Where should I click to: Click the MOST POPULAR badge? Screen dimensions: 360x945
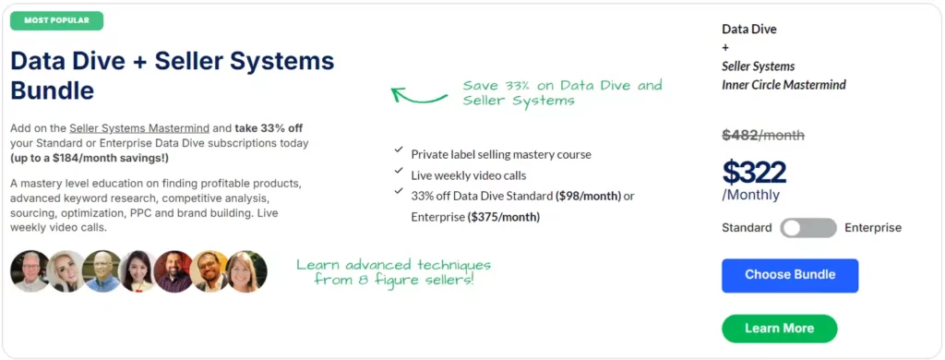tap(56, 20)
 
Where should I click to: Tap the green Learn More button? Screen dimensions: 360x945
tap(779, 329)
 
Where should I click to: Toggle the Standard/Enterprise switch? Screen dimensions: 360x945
tap(807, 228)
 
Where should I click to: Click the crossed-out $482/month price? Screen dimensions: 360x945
tap(762, 136)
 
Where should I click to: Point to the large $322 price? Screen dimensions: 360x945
tap(754, 172)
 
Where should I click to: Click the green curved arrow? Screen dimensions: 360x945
tap(420, 93)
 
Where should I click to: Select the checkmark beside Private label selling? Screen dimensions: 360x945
tap(398, 150)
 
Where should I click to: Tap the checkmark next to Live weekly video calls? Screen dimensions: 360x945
tap(398, 171)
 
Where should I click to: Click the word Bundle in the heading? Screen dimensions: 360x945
tap(53, 90)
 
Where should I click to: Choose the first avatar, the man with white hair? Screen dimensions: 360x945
tap(30, 270)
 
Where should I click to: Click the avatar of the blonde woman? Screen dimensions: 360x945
tap(66, 270)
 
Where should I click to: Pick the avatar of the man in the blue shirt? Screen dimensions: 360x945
tap(102, 270)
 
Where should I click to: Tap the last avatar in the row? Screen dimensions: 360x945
tap(246, 270)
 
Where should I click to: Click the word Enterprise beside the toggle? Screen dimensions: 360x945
tap(872, 228)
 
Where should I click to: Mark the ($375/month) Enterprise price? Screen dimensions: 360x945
tap(503, 217)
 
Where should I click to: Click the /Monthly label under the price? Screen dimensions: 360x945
tap(750, 195)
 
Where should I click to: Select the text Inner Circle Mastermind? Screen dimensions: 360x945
tap(784, 85)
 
